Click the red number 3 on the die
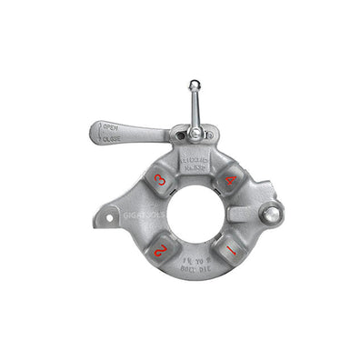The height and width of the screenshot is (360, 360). (160, 180)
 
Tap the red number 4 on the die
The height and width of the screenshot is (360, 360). (230, 180)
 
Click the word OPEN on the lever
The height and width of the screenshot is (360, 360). (111, 127)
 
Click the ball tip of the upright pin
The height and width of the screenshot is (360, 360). (194, 85)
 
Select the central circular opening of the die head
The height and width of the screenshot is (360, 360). (195, 215)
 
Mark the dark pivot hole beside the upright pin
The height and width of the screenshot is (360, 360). (180, 136)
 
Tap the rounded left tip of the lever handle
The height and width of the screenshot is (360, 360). (97, 134)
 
